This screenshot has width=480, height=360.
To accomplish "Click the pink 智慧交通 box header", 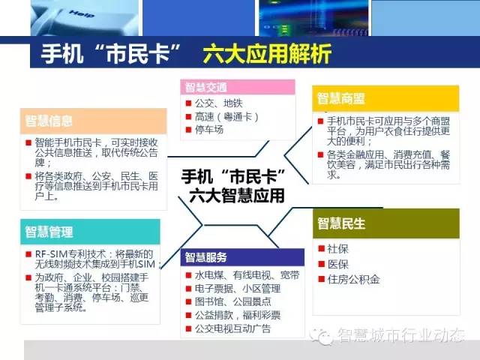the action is [x=238, y=87].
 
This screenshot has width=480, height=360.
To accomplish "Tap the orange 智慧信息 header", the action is [x=94, y=121].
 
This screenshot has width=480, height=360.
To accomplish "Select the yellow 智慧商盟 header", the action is [x=385, y=98].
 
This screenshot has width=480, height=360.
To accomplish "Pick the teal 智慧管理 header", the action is [x=90, y=232].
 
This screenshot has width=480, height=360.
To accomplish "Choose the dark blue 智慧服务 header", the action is [x=242, y=257].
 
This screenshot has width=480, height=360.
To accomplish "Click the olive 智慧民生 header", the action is [x=386, y=223].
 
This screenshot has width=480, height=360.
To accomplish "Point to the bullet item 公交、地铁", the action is [x=219, y=103].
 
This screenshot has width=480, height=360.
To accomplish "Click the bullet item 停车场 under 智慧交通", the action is [x=209, y=130].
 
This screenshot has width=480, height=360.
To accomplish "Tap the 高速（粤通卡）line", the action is [x=226, y=117].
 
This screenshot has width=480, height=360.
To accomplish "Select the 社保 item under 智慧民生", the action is [x=337, y=248].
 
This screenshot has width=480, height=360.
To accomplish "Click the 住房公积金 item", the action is [x=353, y=279].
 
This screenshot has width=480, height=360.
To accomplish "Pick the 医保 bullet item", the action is [x=337, y=264].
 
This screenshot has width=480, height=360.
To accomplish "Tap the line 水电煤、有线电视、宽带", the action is [x=247, y=275].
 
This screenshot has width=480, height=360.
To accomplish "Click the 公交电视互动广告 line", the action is [x=233, y=328].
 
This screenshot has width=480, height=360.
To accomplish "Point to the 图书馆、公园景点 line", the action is [x=233, y=301].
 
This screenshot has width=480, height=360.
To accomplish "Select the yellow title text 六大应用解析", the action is [x=267, y=54].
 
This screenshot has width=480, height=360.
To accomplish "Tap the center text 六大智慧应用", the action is [x=237, y=196].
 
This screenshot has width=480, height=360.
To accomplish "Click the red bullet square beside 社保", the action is [x=321, y=248].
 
